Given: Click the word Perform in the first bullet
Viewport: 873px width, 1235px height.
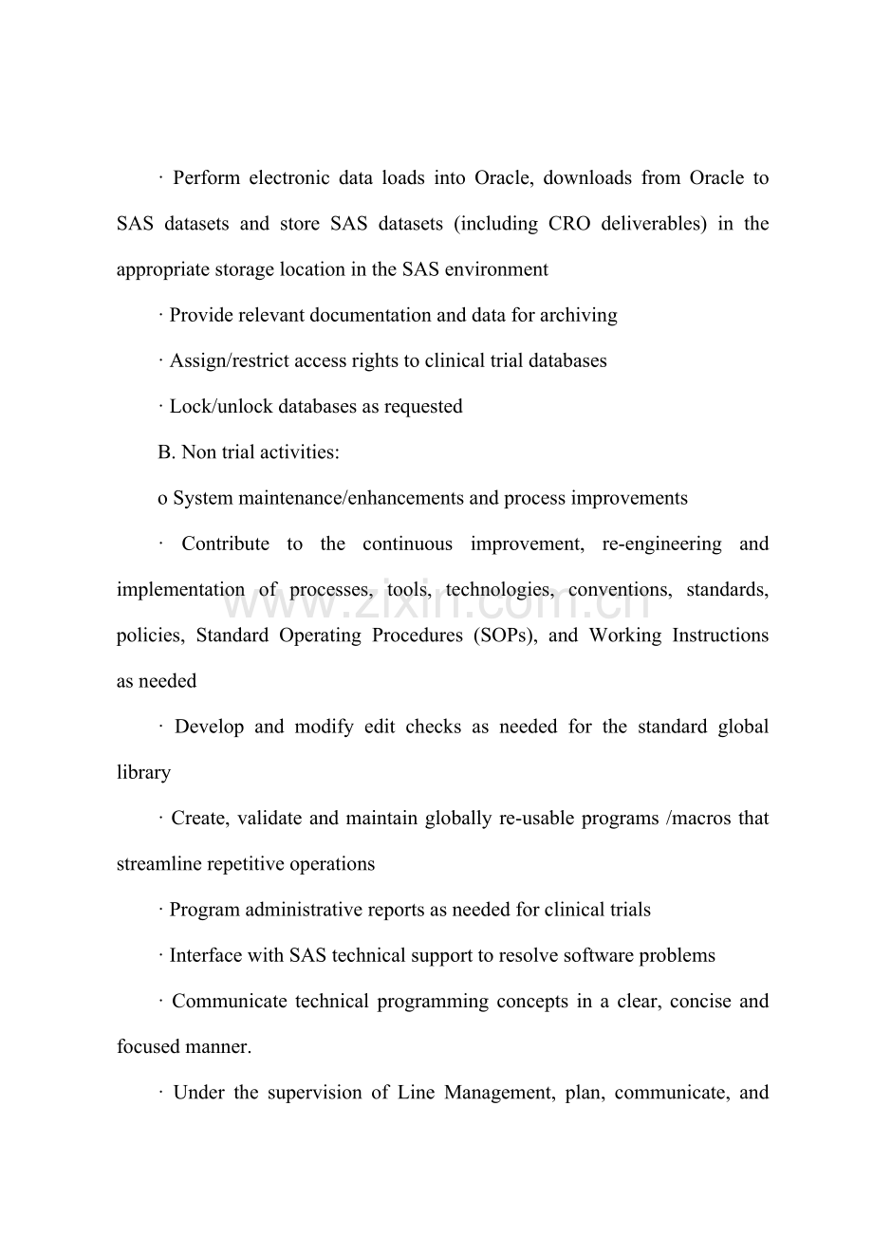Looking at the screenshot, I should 207,178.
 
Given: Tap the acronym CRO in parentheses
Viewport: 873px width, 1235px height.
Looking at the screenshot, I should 570,224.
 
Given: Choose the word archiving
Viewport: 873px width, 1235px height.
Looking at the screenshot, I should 579,315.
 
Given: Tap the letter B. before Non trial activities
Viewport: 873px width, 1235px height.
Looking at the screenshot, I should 167,452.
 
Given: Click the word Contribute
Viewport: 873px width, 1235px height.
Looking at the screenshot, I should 225,544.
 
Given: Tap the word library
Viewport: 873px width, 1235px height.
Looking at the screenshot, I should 143,773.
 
